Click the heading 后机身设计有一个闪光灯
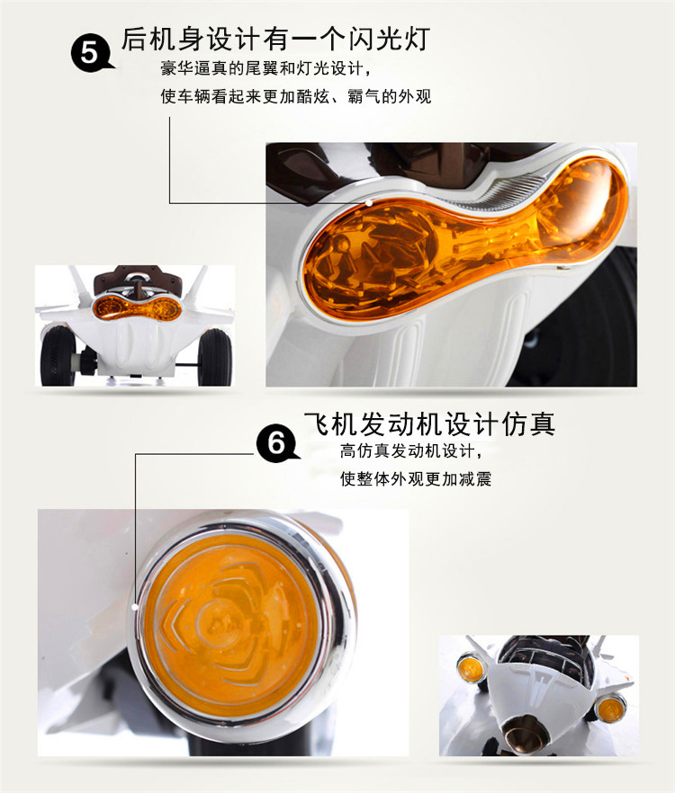tap(275, 39)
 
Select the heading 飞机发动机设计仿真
tap(429, 423)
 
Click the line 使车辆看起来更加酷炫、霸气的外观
tap(296, 96)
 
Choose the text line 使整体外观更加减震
tap(416, 478)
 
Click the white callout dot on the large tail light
tap(369, 203)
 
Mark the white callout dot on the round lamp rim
tap(135, 607)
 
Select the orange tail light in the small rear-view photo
tap(136, 307)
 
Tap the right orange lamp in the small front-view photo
tap(609, 707)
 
